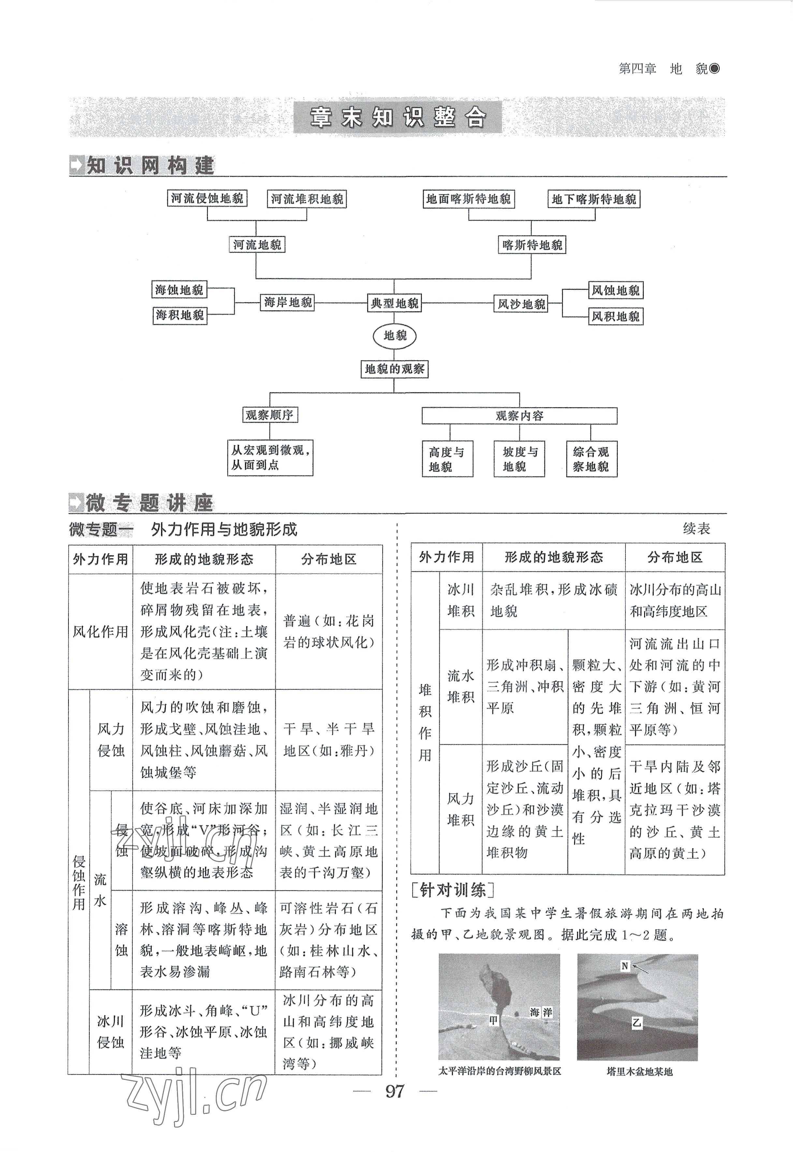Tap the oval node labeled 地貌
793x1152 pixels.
[x=394, y=336]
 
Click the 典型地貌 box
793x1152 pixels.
[x=394, y=303]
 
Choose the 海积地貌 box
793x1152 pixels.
[x=179, y=315]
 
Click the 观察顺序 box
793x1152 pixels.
[x=269, y=415]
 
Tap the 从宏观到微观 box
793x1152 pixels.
[x=270, y=457]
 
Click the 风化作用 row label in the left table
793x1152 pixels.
[x=100, y=632]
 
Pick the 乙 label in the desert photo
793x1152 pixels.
[x=637, y=1023]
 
